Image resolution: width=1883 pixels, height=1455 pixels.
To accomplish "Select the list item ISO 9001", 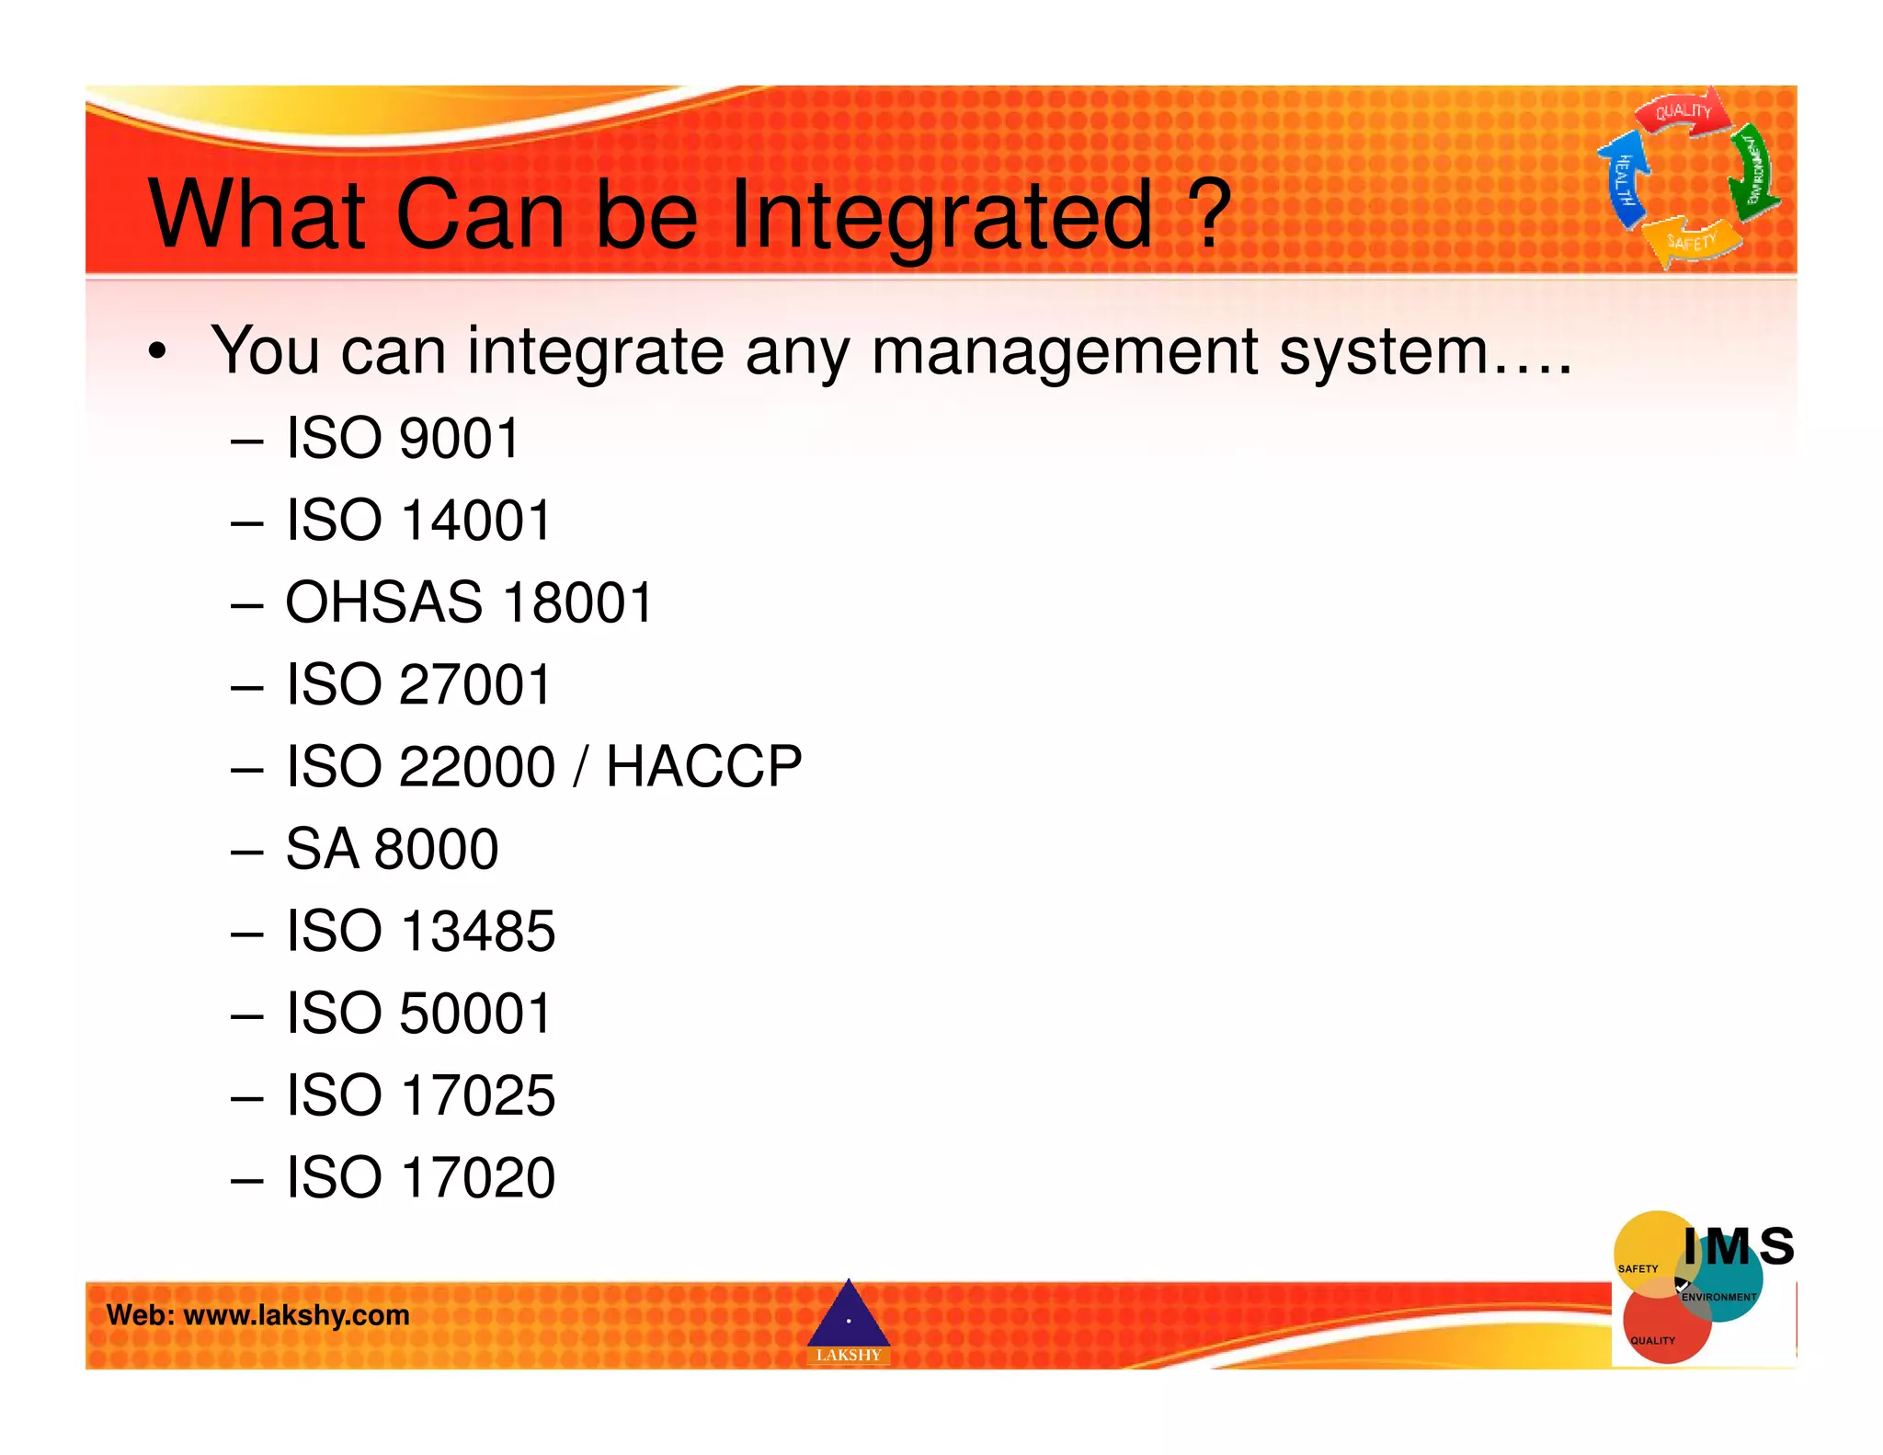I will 402,438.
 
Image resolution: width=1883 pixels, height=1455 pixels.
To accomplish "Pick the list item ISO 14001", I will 417,521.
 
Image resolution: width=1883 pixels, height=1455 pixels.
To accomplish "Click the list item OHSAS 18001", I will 468,602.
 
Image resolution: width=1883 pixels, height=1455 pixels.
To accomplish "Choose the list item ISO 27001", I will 417,685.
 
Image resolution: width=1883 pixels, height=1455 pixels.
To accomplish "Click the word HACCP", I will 703,766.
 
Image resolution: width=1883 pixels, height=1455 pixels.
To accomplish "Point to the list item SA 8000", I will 392,849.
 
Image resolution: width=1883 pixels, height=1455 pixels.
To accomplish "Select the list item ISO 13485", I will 420,931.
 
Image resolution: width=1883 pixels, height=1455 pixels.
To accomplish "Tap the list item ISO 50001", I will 418,1014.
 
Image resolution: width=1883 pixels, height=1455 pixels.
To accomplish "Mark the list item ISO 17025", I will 420,1095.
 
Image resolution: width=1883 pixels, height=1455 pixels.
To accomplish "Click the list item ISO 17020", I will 420,1177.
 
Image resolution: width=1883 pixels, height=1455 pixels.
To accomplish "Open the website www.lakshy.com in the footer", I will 296,1315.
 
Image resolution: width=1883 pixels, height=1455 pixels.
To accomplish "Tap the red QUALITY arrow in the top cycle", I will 1682,112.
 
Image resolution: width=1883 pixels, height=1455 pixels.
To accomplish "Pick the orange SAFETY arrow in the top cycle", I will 1692,241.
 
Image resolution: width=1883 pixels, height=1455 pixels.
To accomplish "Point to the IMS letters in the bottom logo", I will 1738,1247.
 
